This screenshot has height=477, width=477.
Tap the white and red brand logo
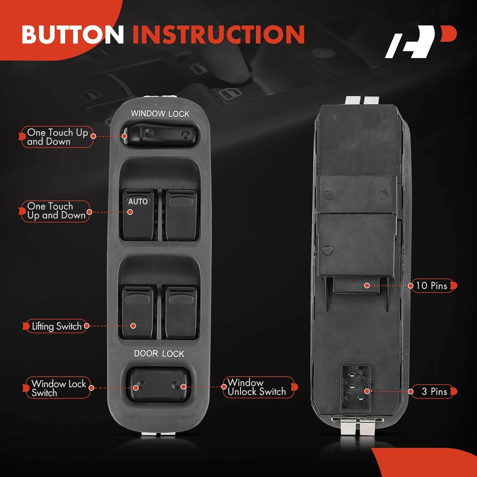420,42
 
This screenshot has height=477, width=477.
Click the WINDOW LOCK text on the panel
160,114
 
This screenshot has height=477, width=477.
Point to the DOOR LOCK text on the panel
159,354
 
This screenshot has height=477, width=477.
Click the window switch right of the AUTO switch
181,215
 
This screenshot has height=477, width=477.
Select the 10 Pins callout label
432,286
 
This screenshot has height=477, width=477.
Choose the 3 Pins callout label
434,391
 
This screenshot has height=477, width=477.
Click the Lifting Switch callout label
56,326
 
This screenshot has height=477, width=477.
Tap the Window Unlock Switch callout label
257,387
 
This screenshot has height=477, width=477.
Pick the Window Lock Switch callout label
58,388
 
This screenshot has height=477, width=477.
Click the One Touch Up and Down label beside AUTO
56,211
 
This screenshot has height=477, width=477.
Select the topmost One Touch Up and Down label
57,137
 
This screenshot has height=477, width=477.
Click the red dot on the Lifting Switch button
133,326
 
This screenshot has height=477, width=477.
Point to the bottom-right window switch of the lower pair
181,312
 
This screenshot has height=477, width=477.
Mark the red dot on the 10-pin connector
367,286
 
